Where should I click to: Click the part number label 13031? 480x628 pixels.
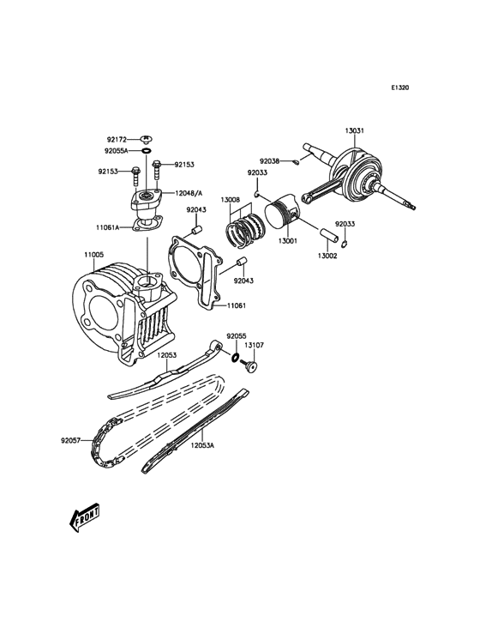355,130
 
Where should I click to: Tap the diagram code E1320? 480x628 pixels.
400,88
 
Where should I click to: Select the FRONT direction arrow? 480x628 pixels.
83,516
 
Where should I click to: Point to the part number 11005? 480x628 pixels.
93,255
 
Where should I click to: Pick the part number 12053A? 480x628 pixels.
202,446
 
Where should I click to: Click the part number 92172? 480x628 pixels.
117,139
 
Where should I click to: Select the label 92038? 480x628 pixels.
271,160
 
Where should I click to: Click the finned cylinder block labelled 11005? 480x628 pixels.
120,309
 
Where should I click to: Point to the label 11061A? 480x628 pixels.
108,227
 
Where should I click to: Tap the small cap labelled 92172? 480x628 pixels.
146,138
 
